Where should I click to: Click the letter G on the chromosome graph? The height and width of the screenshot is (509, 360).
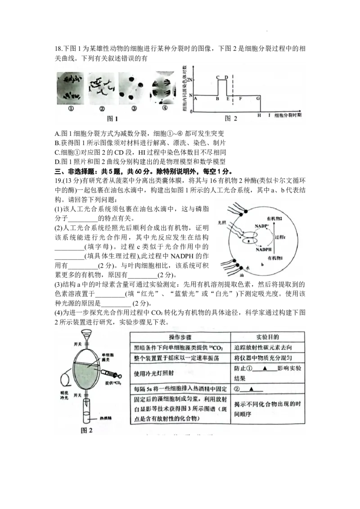[258, 98]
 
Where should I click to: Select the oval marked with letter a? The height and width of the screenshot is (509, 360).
[249, 241]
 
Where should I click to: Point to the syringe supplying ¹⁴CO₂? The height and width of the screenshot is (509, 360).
[110, 374]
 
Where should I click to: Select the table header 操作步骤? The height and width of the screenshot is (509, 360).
[180, 337]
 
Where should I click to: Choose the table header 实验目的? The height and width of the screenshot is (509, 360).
[268, 337]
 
